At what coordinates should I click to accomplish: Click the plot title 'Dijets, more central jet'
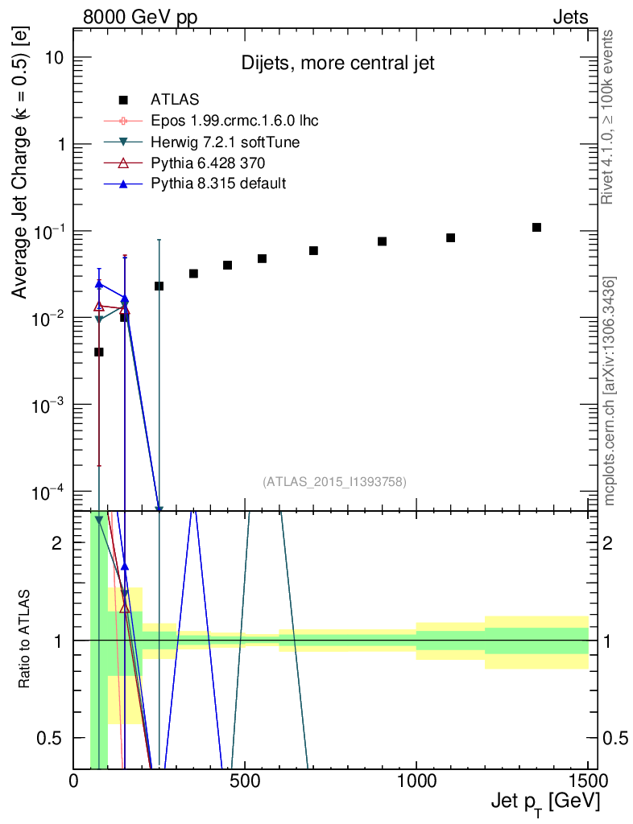pos(337,64)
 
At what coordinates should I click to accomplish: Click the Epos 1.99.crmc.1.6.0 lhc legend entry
pos(234,122)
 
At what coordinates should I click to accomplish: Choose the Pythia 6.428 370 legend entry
pos(210,163)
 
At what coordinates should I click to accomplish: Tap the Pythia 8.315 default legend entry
pos(218,184)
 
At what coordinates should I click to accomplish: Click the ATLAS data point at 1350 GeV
pos(537,228)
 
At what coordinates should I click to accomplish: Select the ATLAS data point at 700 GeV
pos(313,251)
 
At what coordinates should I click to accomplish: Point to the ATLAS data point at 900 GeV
pos(383,241)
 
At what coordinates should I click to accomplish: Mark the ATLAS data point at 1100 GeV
pos(451,237)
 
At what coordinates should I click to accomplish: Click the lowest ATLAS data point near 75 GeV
pos(99,352)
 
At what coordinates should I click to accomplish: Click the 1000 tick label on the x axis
pos(417,781)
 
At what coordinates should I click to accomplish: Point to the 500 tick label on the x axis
pos(246,781)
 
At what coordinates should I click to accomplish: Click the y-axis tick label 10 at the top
pos(52,58)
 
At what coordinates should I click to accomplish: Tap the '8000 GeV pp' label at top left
pos(135,16)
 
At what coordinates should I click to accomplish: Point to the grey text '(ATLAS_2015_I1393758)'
pos(334,481)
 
